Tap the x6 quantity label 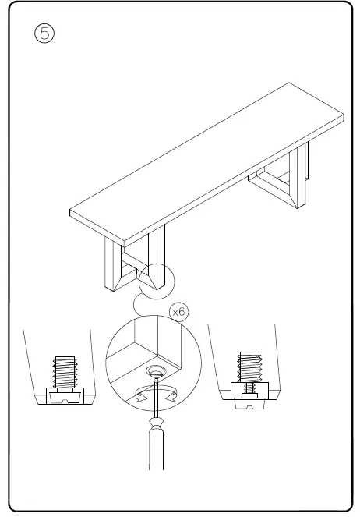[178, 312]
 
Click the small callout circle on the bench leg [157, 280]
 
